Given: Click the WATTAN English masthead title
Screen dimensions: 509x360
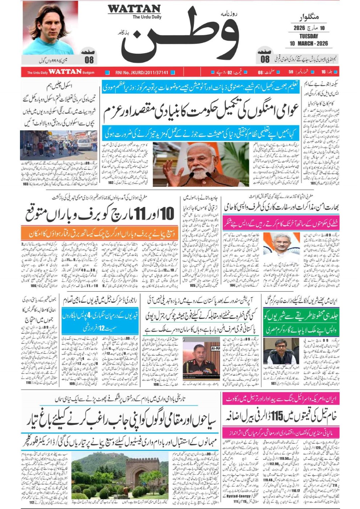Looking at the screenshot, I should (134, 9).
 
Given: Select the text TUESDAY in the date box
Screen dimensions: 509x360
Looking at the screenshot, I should (308, 36).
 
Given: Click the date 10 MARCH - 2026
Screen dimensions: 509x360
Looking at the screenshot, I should (308, 44).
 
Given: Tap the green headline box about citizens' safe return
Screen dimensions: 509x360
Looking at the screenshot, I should (301, 322).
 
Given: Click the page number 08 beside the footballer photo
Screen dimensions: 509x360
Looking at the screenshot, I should (89, 59).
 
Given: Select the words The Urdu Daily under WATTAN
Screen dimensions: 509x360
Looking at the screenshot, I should (147, 17).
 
